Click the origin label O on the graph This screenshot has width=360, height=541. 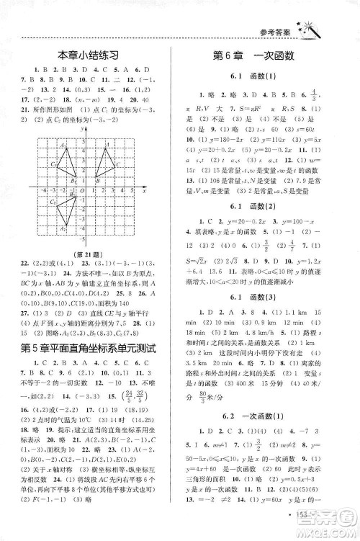click(81, 190)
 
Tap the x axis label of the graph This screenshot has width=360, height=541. click(144, 191)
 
